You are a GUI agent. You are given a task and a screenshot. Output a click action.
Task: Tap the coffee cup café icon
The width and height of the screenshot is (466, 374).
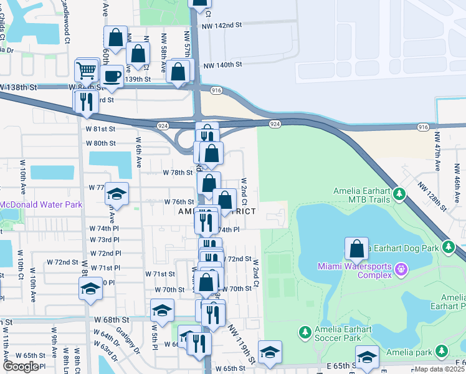click(112, 77)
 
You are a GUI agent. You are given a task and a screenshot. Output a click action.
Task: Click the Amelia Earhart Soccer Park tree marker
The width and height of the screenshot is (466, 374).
click(305, 330)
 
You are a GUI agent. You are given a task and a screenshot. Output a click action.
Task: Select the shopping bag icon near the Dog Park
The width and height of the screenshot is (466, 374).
click(356, 249)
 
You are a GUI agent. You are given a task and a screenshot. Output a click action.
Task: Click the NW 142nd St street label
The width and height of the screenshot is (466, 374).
click(222, 25)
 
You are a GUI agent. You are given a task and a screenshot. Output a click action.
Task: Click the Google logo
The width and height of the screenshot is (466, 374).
click(21, 367)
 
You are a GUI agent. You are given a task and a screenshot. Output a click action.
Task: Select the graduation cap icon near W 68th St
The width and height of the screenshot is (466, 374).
click(162, 310)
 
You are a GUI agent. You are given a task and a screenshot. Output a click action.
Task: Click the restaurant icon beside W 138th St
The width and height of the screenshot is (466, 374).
click(85, 101)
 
